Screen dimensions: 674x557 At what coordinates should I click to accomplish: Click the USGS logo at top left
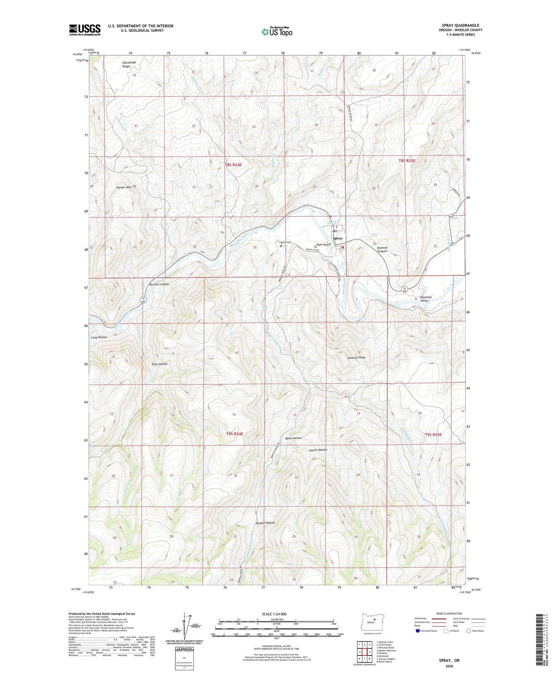(85, 30)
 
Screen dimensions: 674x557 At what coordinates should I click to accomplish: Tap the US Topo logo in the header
(277, 32)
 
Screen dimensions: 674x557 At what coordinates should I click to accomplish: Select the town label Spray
(338, 238)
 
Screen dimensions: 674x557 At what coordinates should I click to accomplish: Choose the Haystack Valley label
(424, 299)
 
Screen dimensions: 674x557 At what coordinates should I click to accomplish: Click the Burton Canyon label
(159, 284)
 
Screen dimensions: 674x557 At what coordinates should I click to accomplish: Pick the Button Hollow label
(266, 523)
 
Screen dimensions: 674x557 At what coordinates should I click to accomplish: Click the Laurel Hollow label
(318, 450)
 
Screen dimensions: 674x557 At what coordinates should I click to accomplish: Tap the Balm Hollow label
(293, 438)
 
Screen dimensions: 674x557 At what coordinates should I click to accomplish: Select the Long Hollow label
(99, 337)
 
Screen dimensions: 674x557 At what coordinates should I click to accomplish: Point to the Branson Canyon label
(382, 249)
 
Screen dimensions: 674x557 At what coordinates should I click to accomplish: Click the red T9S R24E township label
(234, 434)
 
